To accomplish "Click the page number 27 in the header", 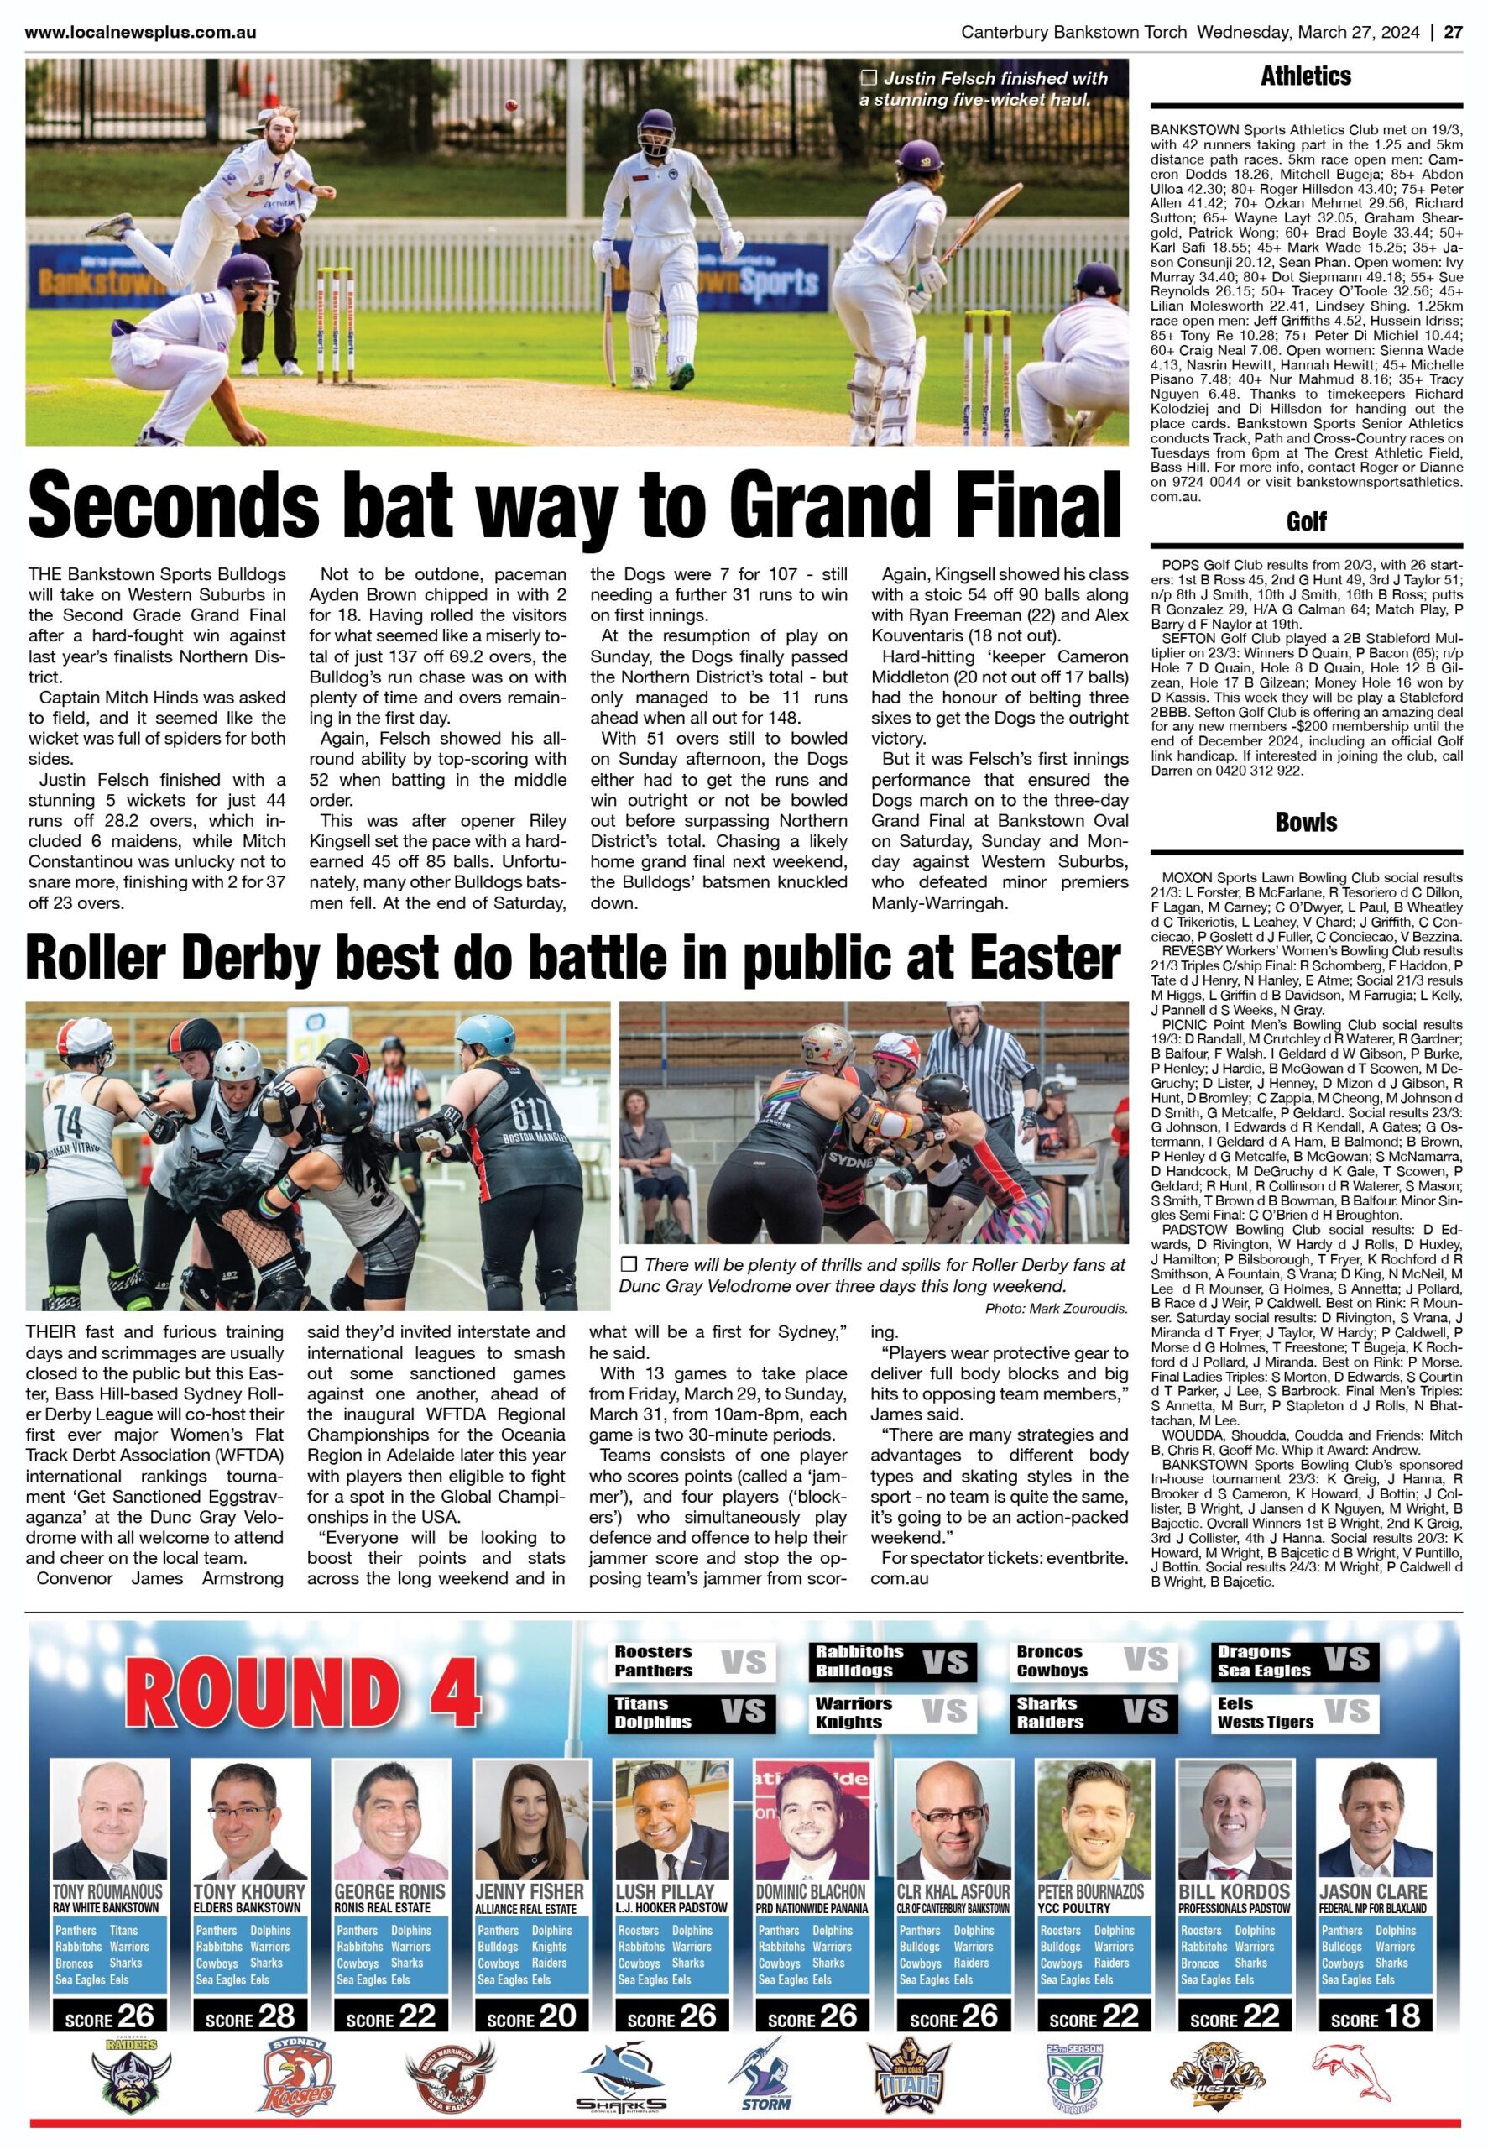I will coord(1453,32).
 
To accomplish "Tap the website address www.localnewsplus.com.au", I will coord(141,32).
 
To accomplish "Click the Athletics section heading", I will coord(1305,76).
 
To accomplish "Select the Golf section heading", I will coord(1305,521).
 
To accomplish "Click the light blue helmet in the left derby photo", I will coord(488,1032).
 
